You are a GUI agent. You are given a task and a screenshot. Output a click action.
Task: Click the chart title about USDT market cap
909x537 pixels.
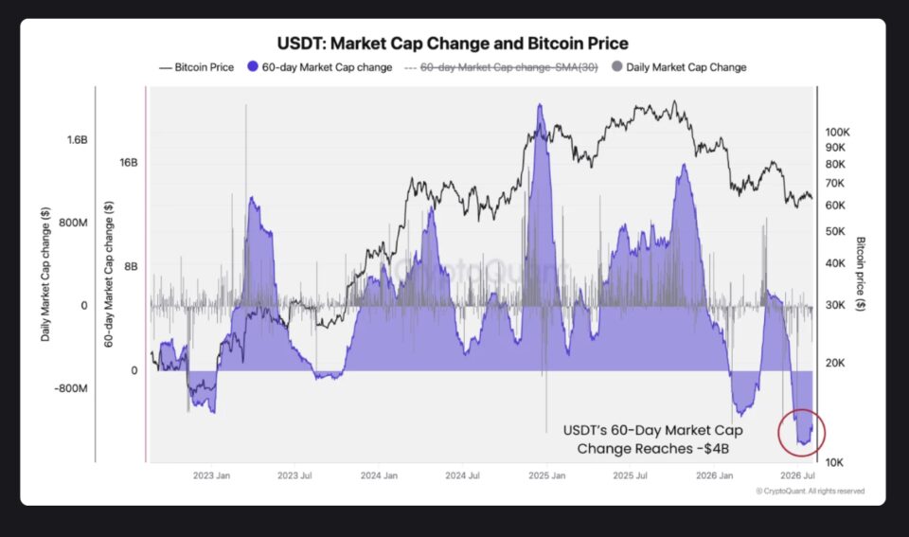pyautogui.click(x=453, y=44)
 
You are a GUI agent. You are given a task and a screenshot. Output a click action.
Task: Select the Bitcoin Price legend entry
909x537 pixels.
pyautogui.click(x=197, y=67)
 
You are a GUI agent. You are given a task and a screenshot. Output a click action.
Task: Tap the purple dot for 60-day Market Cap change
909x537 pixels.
pyautogui.click(x=252, y=66)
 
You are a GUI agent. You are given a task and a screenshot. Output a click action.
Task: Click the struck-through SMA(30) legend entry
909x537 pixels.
pyautogui.click(x=501, y=67)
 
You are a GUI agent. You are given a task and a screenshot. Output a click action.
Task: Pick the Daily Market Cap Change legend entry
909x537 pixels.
pyautogui.click(x=680, y=67)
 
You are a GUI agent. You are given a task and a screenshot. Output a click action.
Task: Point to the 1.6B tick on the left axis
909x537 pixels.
pyautogui.click(x=77, y=140)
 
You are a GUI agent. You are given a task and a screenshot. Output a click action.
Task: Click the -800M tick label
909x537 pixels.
pyautogui.click(x=71, y=388)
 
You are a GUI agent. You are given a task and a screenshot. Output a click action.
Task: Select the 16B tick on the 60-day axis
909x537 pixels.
pyautogui.click(x=129, y=162)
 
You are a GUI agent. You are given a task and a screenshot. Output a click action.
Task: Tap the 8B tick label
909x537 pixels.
pyautogui.click(x=131, y=266)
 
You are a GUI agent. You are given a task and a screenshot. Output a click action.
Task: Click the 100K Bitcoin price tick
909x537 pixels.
pyautogui.click(x=837, y=133)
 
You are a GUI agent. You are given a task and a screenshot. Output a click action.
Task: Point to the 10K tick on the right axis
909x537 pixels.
pyautogui.click(x=834, y=462)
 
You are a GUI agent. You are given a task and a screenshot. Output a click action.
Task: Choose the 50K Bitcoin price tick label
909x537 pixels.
pyautogui.click(x=835, y=231)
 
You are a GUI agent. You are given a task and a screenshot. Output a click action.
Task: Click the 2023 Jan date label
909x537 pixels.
pyautogui.click(x=211, y=475)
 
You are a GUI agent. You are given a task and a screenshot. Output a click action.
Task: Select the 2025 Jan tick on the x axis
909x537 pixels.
pyautogui.click(x=546, y=475)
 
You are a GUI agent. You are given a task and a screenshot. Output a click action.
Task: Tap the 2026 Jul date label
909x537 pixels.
pyautogui.click(x=797, y=475)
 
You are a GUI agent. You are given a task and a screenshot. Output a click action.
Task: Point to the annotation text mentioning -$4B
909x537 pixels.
pyautogui.click(x=652, y=439)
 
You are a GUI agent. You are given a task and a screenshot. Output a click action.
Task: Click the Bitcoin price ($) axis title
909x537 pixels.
pyautogui.click(x=861, y=274)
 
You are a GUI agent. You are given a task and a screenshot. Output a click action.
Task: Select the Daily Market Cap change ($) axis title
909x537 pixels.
pyautogui.click(x=45, y=275)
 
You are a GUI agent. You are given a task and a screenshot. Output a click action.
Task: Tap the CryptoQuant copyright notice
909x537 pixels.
pyautogui.click(x=810, y=492)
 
